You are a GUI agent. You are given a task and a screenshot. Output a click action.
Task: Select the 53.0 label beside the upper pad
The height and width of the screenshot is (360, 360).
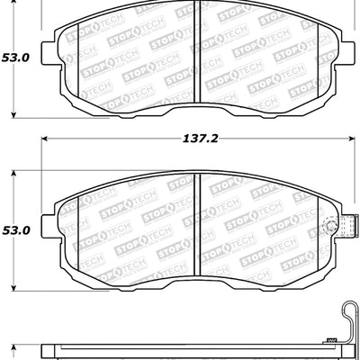[x=15, y=57]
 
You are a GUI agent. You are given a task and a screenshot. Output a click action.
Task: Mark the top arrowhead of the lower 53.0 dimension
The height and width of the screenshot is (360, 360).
[x=13, y=172]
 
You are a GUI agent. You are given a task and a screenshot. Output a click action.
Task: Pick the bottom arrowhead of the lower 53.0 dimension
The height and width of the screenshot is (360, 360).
[x=13, y=290]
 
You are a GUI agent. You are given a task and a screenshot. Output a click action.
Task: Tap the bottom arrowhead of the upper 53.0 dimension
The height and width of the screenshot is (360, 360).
[x=13, y=116]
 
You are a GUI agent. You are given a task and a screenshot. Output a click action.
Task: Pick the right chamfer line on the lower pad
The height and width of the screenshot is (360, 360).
[x=319, y=225]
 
